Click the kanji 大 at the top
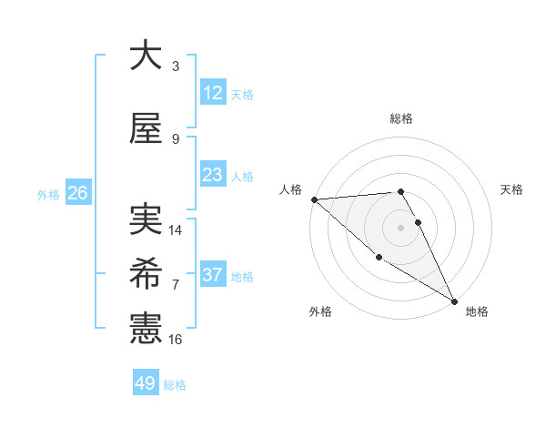(x=146, y=56)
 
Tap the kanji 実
(x=146, y=219)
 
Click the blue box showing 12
(x=212, y=93)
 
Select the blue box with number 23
(x=212, y=175)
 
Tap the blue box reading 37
(x=212, y=275)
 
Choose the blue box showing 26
(x=77, y=193)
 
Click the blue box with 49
(x=146, y=383)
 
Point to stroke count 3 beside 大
(x=176, y=66)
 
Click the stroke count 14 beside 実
(x=176, y=230)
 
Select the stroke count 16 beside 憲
(x=176, y=340)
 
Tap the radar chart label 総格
(x=400, y=118)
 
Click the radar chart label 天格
(x=511, y=189)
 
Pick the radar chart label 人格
(x=290, y=189)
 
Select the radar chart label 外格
(x=320, y=311)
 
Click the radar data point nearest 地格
(x=454, y=301)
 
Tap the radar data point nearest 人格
(x=314, y=199)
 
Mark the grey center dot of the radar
(x=400, y=228)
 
